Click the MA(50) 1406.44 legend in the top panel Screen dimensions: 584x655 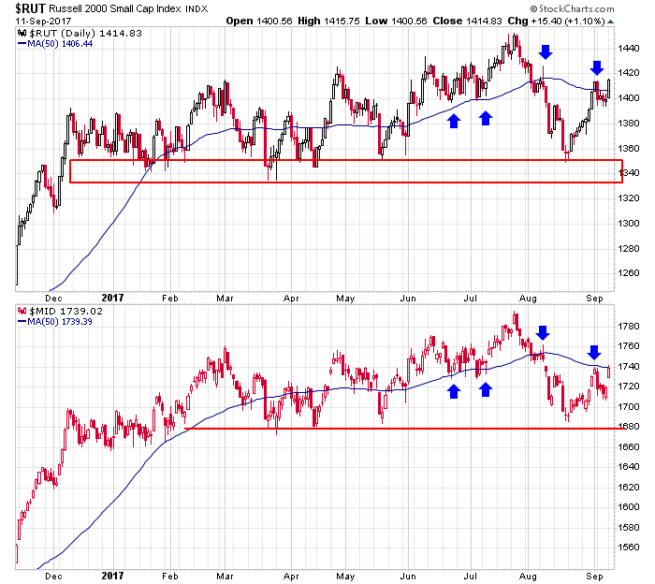[x=55, y=43]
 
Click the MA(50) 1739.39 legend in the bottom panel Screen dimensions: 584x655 [x=55, y=321]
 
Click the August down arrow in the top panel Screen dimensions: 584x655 [x=545, y=51]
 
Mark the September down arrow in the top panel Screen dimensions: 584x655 [x=596, y=67]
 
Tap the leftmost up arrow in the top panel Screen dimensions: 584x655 [x=454, y=119]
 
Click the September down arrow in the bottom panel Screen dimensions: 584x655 [x=593, y=353]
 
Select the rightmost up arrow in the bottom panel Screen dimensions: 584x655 [x=486, y=388]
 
